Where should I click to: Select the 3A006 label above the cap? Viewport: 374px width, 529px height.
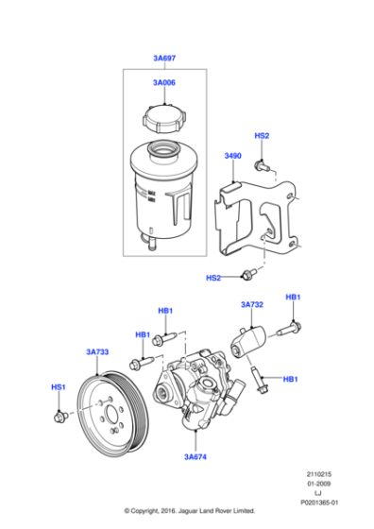tap(163, 83)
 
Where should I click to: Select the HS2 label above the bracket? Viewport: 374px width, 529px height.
tap(263, 136)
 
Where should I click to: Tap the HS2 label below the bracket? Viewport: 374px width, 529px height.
tap(214, 278)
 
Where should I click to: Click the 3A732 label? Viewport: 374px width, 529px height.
tap(251, 304)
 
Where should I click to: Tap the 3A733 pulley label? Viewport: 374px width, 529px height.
tap(97, 352)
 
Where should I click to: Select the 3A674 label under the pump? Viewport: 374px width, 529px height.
tap(196, 456)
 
